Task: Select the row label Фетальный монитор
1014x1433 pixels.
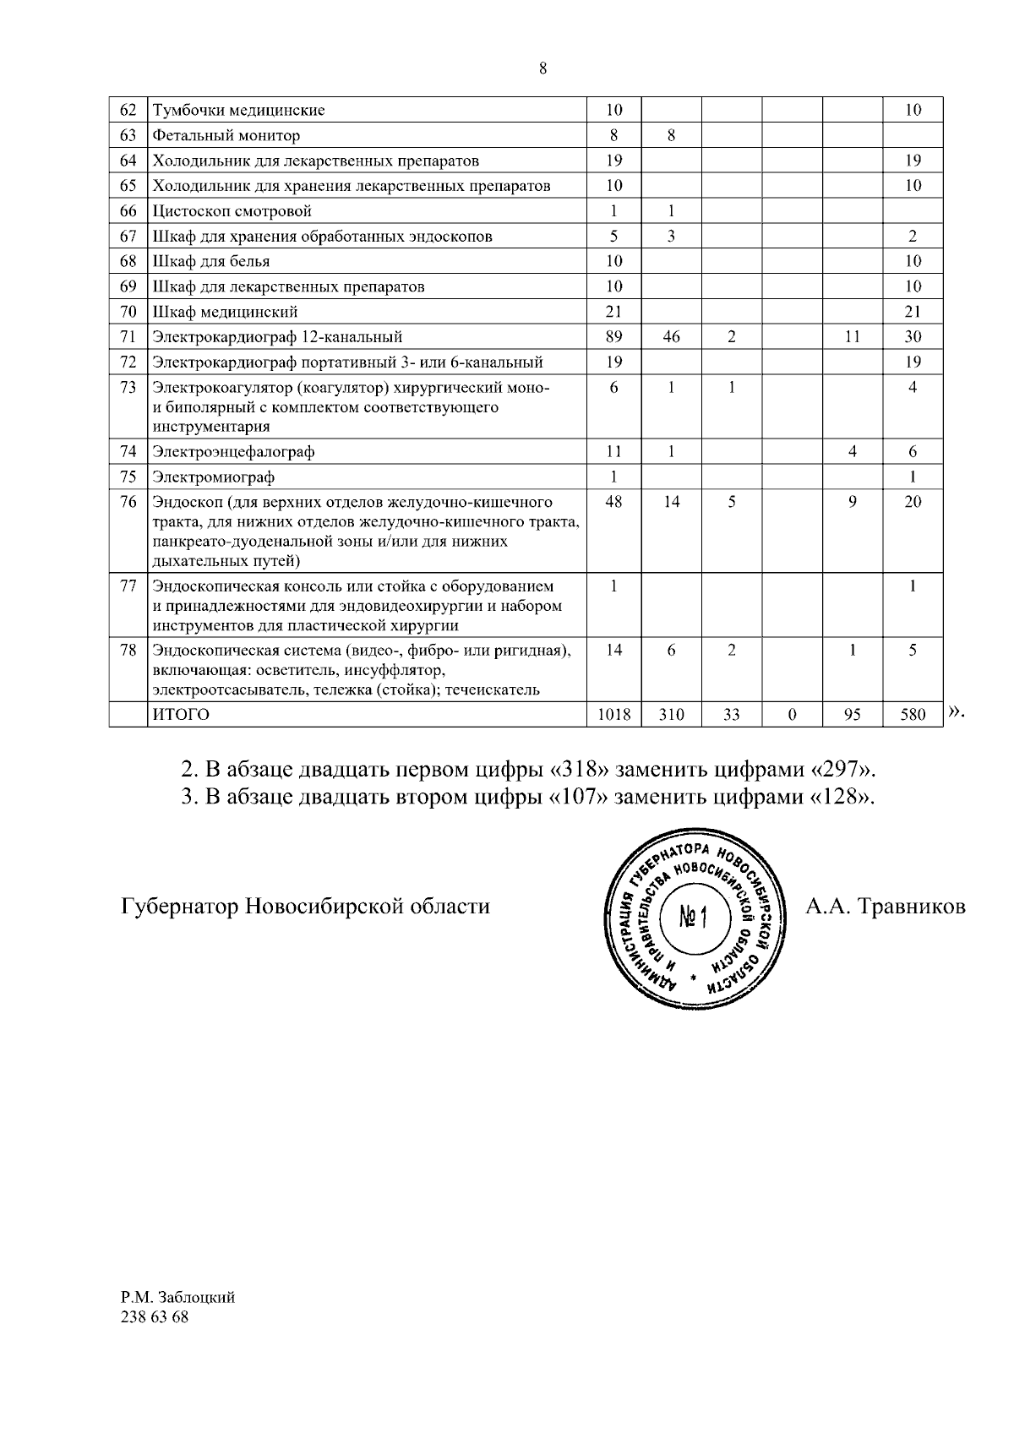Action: (226, 135)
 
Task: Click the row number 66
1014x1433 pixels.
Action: (128, 211)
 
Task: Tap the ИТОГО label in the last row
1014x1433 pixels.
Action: (180, 715)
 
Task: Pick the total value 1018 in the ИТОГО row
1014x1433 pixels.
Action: (614, 715)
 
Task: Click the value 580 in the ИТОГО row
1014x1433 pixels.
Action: (913, 715)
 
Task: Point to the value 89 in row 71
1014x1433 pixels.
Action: (614, 337)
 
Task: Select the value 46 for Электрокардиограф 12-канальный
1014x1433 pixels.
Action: (671, 337)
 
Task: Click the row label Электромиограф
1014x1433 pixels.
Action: (213, 477)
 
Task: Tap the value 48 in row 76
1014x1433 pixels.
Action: (614, 502)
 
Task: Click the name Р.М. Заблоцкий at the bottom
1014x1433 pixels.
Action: (177, 1298)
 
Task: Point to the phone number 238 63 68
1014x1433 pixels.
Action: (155, 1317)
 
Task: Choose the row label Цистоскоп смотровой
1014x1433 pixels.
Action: (232, 211)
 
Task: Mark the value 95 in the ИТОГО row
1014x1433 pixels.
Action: (853, 715)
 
